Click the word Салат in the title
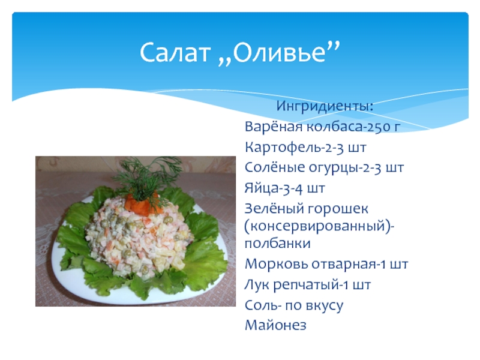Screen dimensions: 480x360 point(175,52)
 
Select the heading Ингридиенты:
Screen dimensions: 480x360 point(325,107)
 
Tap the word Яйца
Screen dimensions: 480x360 point(259,188)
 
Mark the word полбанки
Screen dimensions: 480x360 point(277,244)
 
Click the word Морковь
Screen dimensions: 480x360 point(276,264)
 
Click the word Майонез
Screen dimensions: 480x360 point(275,325)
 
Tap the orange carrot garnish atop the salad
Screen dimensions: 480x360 point(143,202)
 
